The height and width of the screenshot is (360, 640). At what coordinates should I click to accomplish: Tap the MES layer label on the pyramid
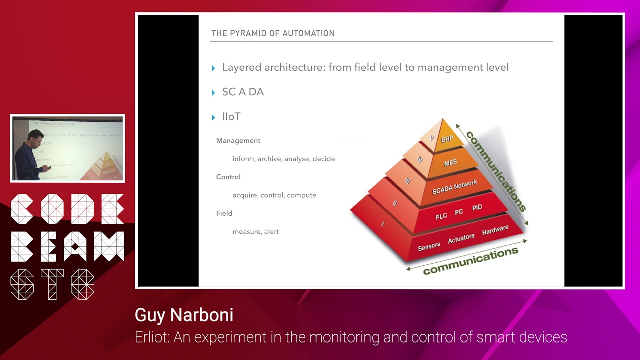click(450, 163)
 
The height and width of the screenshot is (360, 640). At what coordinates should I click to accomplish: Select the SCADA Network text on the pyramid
click(454, 186)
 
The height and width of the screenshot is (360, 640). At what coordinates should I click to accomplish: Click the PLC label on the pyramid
click(441, 216)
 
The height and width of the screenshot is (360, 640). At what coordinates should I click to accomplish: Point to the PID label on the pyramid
click(477, 207)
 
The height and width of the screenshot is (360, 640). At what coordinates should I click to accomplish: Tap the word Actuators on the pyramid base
click(461, 239)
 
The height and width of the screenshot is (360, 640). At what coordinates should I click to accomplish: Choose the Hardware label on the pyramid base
click(495, 230)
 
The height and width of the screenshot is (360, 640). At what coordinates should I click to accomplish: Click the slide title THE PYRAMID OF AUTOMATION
click(273, 33)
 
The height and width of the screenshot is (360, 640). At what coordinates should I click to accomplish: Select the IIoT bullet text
click(231, 117)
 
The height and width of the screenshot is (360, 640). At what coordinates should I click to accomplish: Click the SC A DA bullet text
click(243, 92)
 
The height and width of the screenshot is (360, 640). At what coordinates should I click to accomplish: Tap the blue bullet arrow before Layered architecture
click(214, 68)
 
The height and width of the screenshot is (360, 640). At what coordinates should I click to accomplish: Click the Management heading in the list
click(238, 141)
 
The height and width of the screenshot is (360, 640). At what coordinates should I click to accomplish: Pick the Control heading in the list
click(228, 177)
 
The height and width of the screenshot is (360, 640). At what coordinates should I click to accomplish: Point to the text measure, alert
click(255, 232)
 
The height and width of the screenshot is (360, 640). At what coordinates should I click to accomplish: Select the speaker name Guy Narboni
click(184, 315)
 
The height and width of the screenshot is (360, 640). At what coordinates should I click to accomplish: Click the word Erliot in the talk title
click(151, 337)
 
